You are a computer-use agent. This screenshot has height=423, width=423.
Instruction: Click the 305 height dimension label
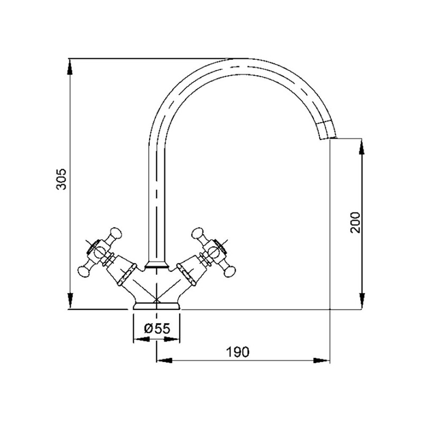[x=61, y=179]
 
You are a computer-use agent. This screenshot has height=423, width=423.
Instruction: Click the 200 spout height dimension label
[x=355, y=222]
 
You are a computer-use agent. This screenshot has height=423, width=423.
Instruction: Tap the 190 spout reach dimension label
[x=237, y=352]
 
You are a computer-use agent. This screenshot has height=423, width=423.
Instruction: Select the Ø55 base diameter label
[x=157, y=328]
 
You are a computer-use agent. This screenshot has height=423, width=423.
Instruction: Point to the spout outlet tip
[x=328, y=139]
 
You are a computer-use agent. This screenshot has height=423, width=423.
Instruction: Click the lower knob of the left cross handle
[x=84, y=272]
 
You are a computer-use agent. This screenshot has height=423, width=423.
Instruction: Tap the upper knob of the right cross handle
[x=197, y=233]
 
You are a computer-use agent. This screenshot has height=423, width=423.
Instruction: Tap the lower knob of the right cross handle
[x=229, y=272]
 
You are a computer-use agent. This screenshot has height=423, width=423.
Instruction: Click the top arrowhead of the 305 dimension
[x=70, y=67]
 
